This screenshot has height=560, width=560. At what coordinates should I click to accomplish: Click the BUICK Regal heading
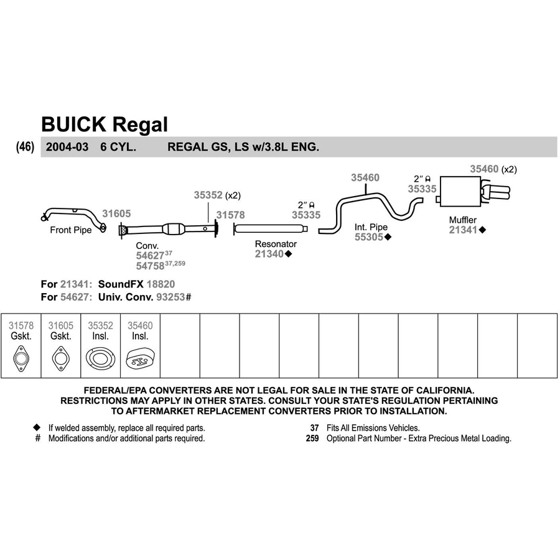pyautogui.click(x=105, y=124)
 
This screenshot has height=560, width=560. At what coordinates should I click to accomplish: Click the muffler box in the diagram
pyautogui.click(x=460, y=191)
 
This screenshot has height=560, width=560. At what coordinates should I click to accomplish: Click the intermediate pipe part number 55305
pyautogui.click(x=368, y=237)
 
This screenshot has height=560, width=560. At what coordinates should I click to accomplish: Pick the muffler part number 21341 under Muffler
pyautogui.click(x=463, y=230)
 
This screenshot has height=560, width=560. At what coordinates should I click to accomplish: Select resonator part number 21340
pyautogui.click(x=269, y=254)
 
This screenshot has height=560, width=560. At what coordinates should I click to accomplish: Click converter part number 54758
pyautogui.click(x=150, y=266)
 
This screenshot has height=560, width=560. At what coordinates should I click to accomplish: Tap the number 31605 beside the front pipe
pyautogui.click(x=116, y=213)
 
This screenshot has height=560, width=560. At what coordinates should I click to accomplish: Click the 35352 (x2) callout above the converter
pyautogui.click(x=217, y=195)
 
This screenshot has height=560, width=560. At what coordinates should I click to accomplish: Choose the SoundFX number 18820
pyautogui.click(x=161, y=284)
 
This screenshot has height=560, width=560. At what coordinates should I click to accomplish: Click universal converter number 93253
pyautogui.click(x=170, y=297)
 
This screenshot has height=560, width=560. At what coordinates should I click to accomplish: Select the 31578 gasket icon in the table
pyautogui.click(x=21, y=358)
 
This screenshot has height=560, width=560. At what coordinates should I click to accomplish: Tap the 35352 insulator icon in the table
pyautogui.click(x=100, y=358)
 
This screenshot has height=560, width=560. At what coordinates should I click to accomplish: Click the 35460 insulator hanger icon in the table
pyautogui.click(x=141, y=359)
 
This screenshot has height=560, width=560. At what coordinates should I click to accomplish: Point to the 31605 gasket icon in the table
pyautogui.click(x=61, y=358)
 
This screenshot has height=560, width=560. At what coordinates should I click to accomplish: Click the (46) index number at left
pyautogui.click(x=25, y=146)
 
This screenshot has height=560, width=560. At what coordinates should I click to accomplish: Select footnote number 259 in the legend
pyautogui.click(x=312, y=438)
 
